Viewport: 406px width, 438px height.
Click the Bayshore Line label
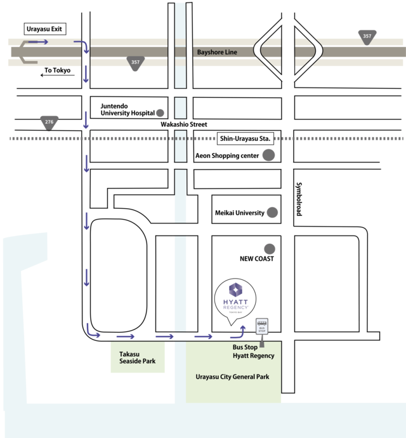(216, 52)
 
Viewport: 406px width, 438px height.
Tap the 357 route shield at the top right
(367, 37)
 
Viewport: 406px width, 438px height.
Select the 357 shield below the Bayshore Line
(135, 62)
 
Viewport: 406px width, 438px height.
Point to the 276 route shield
(49, 121)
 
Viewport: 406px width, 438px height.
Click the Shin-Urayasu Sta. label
(244, 138)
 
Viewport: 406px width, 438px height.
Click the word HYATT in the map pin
(235, 300)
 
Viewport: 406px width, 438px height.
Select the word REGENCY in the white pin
(235, 308)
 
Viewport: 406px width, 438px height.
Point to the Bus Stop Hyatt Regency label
(254, 352)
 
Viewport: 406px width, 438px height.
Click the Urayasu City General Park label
(232, 376)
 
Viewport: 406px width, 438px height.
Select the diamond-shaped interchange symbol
(288, 49)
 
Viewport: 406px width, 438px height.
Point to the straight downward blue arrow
(86, 74)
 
